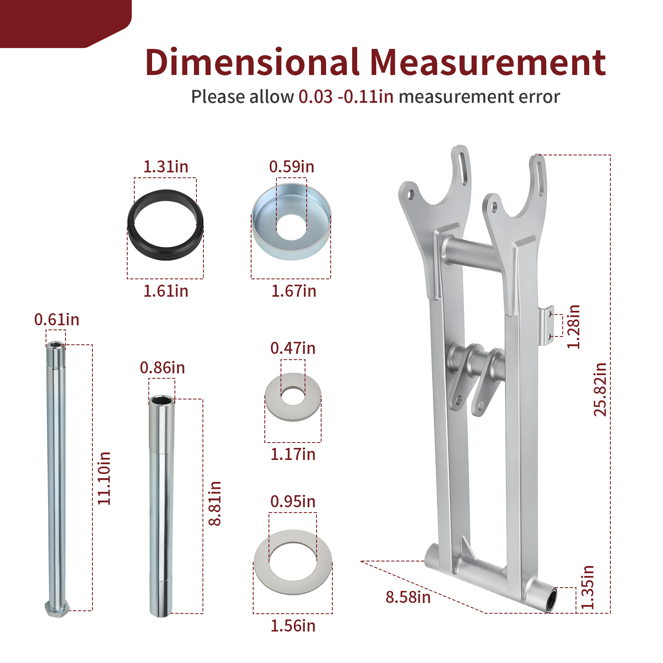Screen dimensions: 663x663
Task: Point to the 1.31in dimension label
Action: [166, 167]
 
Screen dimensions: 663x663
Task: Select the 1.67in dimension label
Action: [294, 291]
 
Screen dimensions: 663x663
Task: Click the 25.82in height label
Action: [600, 389]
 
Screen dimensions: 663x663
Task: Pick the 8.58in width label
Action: [408, 597]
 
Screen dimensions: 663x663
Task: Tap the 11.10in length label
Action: [104, 478]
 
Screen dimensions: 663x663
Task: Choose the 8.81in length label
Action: [215, 503]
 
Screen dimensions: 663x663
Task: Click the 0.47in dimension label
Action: [293, 348]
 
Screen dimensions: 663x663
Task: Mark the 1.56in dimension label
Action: [293, 626]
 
